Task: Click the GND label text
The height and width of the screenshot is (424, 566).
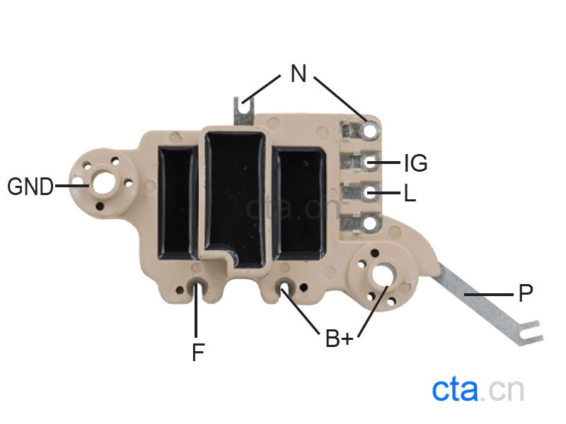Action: (x=30, y=187)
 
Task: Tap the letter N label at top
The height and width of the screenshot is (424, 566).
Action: (x=299, y=73)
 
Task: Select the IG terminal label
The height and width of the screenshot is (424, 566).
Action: (x=416, y=163)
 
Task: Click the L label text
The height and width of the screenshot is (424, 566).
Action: (x=410, y=192)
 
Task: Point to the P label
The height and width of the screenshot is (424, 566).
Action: (x=526, y=293)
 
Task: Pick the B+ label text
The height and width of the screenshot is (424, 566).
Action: (x=339, y=338)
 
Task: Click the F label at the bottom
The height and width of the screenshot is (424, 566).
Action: (x=198, y=352)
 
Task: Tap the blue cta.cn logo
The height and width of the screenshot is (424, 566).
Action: (x=478, y=389)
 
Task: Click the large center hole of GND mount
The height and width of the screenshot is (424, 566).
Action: (x=103, y=183)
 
